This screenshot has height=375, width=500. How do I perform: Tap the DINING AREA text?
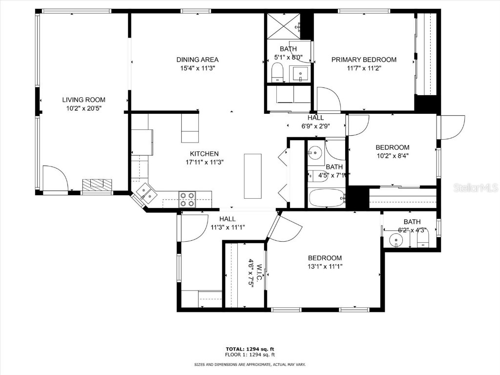pyautogui.click(x=197, y=60)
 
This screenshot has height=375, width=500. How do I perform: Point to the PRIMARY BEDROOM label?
pyautogui.click(x=364, y=60)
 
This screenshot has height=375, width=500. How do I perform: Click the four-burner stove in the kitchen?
pyautogui.click(x=187, y=199)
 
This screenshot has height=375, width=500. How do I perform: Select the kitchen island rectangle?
pyautogui.click(x=252, y=176)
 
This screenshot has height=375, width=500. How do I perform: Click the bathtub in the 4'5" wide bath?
pyautogui.click(x=327, y=198)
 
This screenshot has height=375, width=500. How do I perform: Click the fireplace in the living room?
pyautogui.click(x=97, y=186)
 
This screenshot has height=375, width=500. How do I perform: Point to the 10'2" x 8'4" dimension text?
pyautogui.click(x=392, y=156)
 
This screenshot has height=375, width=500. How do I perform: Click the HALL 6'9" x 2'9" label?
pyautogui.click(x=315, y=122)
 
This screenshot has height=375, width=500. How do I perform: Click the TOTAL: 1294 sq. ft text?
pyautogui.click(x=250, y=349)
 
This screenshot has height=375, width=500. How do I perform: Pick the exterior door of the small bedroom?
pyautogui.click(x=452, y=127)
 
